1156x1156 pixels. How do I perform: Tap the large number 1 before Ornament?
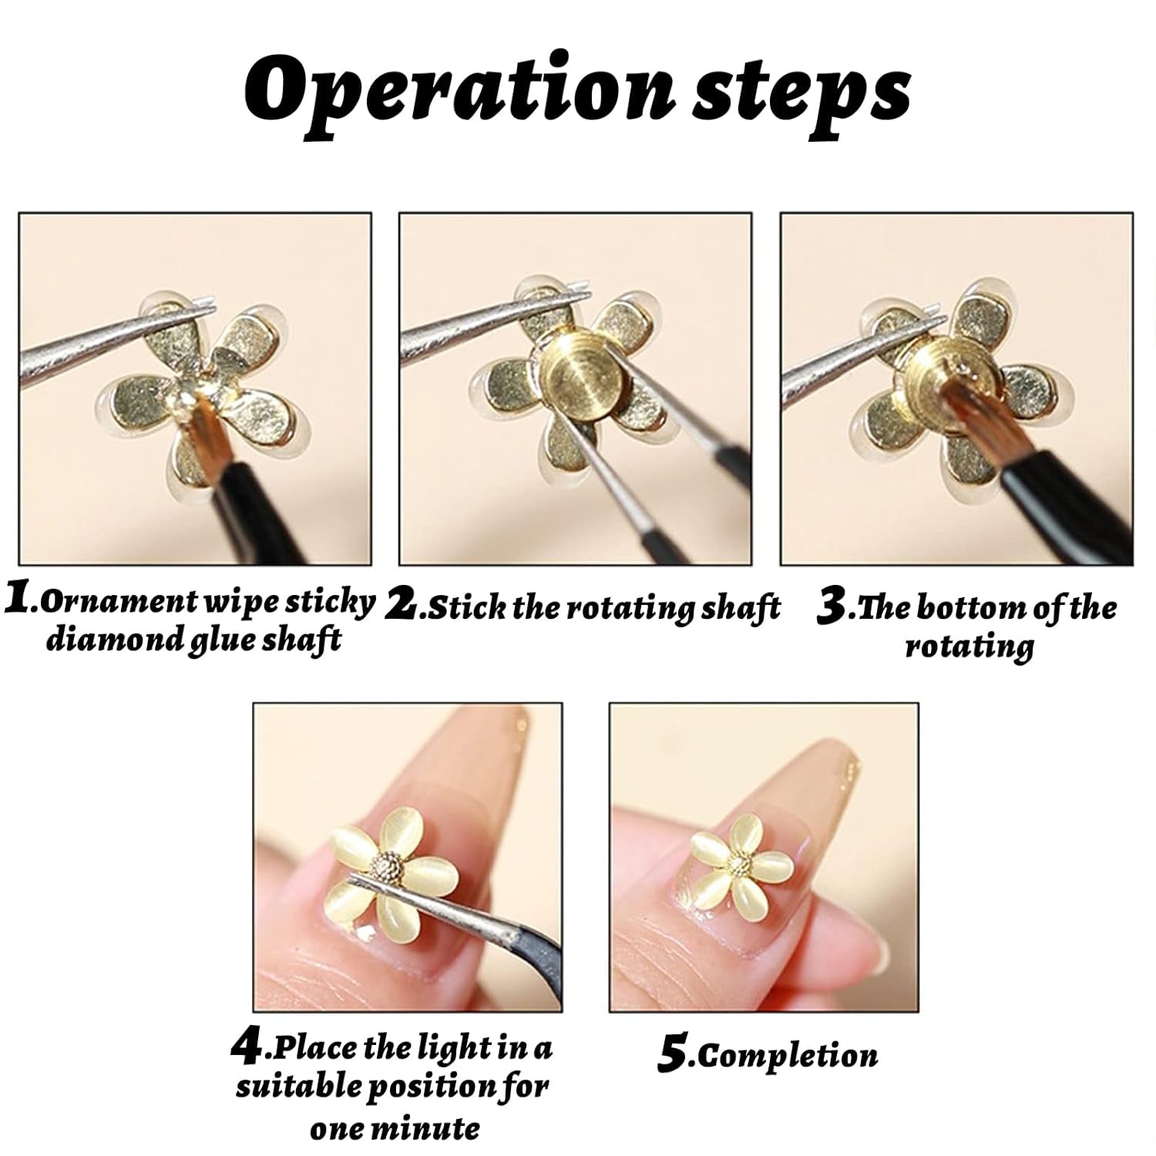pyautogui.click(x=17, y=599)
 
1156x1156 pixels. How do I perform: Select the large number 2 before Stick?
pyautogui.click(x=401, y=605)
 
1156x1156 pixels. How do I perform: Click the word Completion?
pyautogui.click(x=788, y=1056)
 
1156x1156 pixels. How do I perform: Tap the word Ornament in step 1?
pyautogui.click(x=115, y=601)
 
